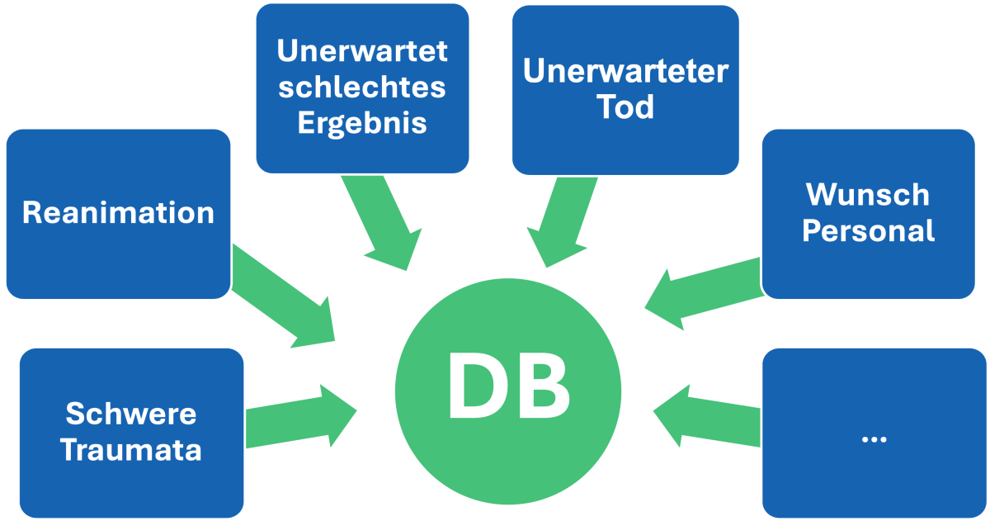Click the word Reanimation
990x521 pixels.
click(118, 213)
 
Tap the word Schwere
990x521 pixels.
click(131, 413)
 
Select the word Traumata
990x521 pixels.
click(131, 451)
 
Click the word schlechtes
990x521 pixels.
click(362, 88)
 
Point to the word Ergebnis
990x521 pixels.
click(362, 123)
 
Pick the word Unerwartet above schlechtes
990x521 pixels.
click(362, 51)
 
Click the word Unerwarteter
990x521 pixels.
click(625, 71)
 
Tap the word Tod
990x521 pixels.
click(625, 107)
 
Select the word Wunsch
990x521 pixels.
click(868, 195)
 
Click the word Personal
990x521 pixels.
click(868, 231)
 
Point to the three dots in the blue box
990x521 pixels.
click(873, 438)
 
